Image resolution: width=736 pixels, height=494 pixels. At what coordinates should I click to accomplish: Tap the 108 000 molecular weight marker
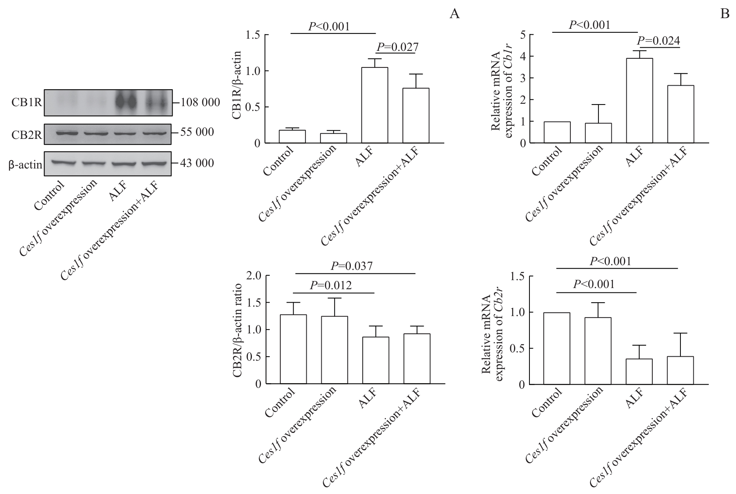click(x=200, y=103)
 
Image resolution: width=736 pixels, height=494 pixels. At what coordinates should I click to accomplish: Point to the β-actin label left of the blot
click(x=25, y=164)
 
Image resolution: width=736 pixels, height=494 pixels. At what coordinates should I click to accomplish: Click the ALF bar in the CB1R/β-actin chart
click(x=375, y=105)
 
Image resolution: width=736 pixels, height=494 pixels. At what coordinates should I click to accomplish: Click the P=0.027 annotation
click(x=397, y=47)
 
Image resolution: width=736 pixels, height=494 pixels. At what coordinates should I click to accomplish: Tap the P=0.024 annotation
click(x=659, y=41)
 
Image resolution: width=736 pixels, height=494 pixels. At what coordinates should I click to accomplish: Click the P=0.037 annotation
click(x=352, y=266)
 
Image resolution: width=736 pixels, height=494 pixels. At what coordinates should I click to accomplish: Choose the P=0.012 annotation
click(x=331, y=285)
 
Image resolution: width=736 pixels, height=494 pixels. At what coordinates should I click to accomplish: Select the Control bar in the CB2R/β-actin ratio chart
click(x=293, y=349)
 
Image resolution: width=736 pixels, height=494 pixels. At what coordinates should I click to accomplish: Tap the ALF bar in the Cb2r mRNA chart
click(x=639, y=371)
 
